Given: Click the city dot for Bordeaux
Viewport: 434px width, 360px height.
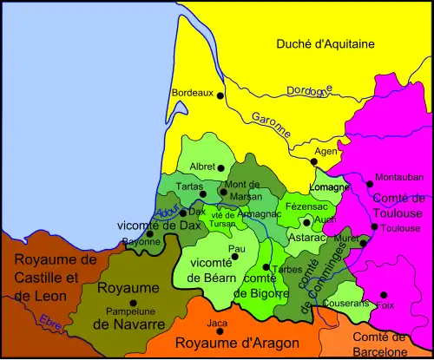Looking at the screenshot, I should tap(220, 95).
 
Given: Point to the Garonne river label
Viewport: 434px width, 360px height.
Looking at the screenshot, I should tap(270, 126).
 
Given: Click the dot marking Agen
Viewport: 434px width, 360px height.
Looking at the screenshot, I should tap(314, 161).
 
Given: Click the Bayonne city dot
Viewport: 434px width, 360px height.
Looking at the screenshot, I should tap(149, 232).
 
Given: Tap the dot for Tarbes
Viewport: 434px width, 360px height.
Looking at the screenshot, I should tap(265, 267).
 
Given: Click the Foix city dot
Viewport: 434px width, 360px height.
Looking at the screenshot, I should tap(383, 295).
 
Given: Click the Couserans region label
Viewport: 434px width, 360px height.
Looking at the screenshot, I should tap(345, 304).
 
